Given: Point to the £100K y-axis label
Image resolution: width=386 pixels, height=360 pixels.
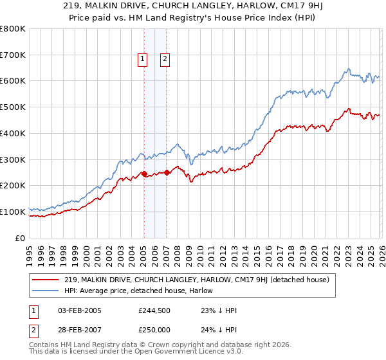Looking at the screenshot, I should [x=13, y=212].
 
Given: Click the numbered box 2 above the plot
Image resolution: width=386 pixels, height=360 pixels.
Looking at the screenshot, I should [x=165, y=60].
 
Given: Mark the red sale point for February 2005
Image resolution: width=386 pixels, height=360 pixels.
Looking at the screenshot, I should [x=144, y=174].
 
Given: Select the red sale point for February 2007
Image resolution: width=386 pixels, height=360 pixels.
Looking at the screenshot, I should [x=167, y=172].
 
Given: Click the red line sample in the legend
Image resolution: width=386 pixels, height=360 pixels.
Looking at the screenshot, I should [x=46, y=280].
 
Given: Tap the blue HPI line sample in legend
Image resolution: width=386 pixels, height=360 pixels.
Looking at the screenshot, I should [x=46, y=290].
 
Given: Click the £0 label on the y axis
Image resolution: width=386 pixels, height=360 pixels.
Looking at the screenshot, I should [x=19, y=238].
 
